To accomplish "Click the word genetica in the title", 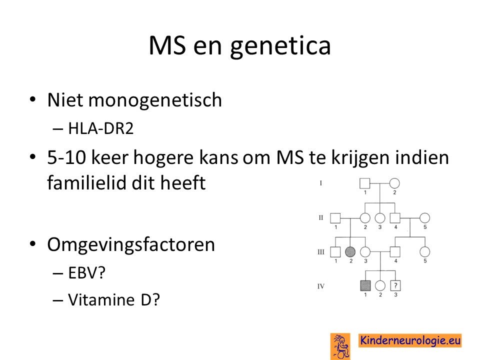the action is [x=280, y=46].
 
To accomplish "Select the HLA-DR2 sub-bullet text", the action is [x=101, y=128].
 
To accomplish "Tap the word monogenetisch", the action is [x=155, y=100].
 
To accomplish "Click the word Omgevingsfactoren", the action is [x=131, y=245].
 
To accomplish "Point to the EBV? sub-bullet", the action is [x=87, y=272].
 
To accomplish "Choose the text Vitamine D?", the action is [x=114, y=299].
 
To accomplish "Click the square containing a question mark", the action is [x=395, y=285].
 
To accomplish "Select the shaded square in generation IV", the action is [x=365, y=285].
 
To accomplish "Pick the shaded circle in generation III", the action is [x=350, y=251].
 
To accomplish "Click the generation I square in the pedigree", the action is [x=364, y=183].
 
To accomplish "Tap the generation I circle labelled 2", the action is [x=394, y=183].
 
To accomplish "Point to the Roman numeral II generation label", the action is [x=321, y=217].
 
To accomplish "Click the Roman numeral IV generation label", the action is [x=321, y=286].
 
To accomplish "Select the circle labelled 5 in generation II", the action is [x=424, y=217].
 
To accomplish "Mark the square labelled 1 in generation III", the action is [x=335, y=251].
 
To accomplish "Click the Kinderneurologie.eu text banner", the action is [x=410, y=340].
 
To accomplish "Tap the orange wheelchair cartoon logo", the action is [x=340, y=346].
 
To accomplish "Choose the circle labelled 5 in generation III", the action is [x=424, y=251].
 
